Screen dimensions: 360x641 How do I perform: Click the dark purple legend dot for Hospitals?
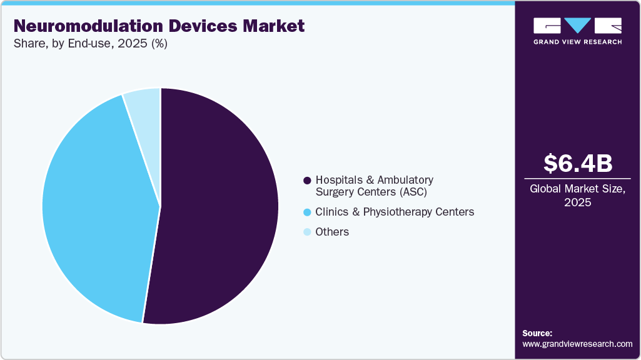click(x=307, y=181)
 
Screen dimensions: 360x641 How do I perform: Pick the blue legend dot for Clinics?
click(x=307, y=212)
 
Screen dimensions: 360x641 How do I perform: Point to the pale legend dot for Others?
click(x=307, y=232)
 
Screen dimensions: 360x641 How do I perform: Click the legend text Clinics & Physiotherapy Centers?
click(x=395, y=212)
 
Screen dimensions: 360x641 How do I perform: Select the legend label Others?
click(x=332, y=232)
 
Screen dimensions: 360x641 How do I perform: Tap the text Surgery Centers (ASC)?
click(x=371, y=192)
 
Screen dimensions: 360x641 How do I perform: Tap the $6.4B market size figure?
click(x=578, y=163)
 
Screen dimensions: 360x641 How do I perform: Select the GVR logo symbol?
click(x=577, y=26)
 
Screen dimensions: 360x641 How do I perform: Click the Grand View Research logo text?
click(x=577, y=42)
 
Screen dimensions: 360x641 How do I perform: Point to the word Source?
click(x=537, y=333)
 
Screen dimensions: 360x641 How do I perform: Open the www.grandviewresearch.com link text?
click(x=577, y=344)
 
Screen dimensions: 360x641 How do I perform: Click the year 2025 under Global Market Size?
click(x=578, y=202)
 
